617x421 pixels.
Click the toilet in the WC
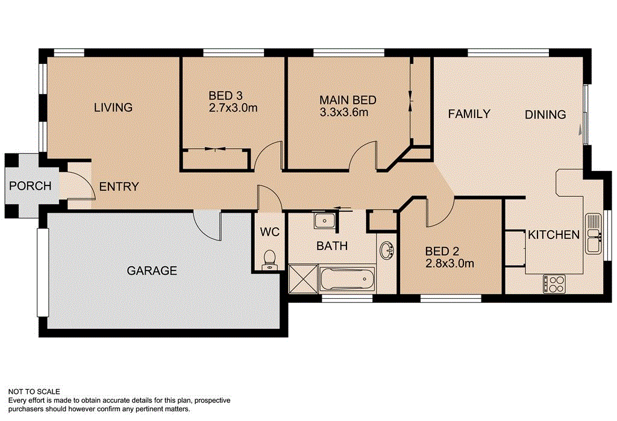[270, 259]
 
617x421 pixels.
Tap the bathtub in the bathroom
[347, 279]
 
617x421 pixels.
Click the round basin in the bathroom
[386, 249]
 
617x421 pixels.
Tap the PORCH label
[30, 186]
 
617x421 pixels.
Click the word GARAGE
[152, 271]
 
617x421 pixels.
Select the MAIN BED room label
[348, 100]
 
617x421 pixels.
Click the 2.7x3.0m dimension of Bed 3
[233, 108]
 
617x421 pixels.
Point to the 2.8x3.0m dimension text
[449, 263]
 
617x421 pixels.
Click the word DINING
[545, 114]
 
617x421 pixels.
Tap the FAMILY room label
[469, 113]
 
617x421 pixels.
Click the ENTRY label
[119, 187]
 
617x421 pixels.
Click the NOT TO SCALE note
[34, 391]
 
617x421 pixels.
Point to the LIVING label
[113, 108]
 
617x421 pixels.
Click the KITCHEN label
[554, 235]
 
